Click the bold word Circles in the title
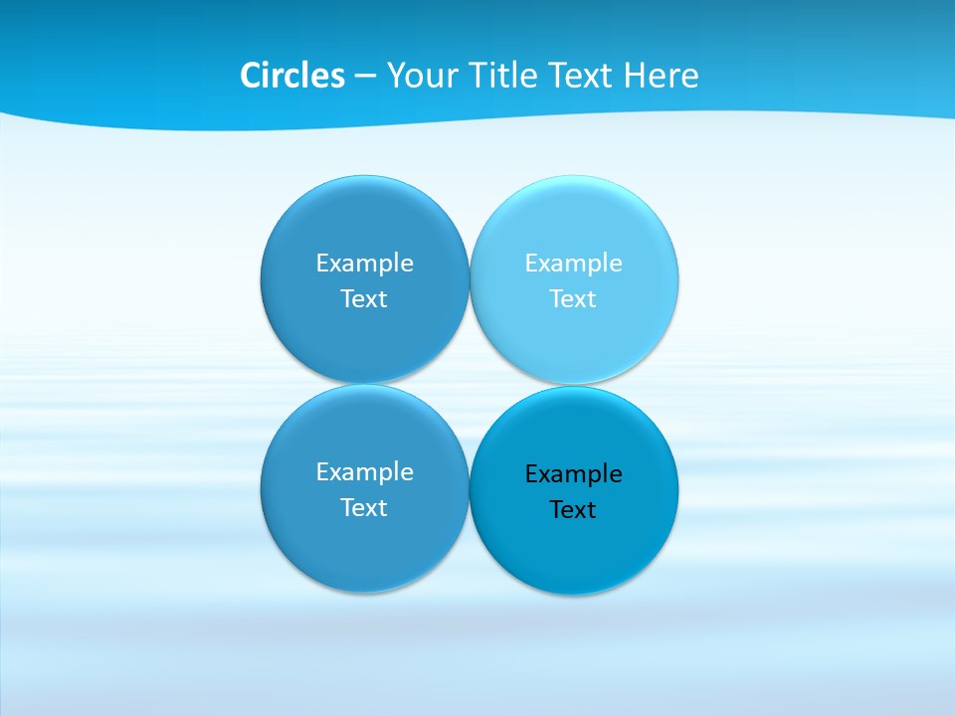tap(292, 76)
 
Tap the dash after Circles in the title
tap(365, 76)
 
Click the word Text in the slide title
tap(581, 76)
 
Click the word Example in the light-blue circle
tap(573, 263)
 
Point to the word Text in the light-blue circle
tap(573, 298)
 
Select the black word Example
tap(573, 473)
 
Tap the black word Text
tap(573, 509)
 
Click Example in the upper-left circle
tap(364, 263)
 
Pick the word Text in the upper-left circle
tap(364, 298)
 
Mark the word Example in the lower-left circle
tap(364, 471)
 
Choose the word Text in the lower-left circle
tap(364, 507)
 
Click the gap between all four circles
tap(470, 384)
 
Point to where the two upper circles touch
tap(470, 279)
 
